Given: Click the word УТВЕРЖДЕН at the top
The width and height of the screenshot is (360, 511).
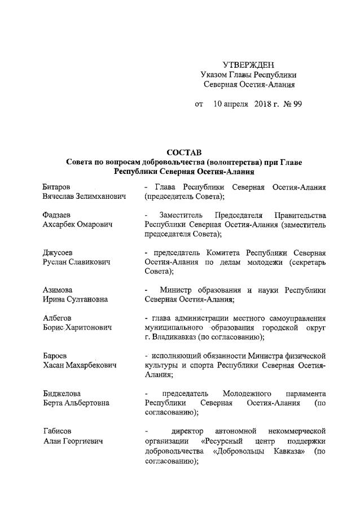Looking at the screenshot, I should (x=249, y=64).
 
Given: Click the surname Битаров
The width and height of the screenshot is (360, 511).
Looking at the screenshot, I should (x=56, y=186).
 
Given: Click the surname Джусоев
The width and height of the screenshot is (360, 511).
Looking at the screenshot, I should (x=58, y=252).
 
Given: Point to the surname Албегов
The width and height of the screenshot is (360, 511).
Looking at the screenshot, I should (x=57, y=318).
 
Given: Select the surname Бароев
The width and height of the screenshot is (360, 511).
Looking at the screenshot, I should (x=55, y=356).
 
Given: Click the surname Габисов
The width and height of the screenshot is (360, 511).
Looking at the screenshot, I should (x=58, y=431).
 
